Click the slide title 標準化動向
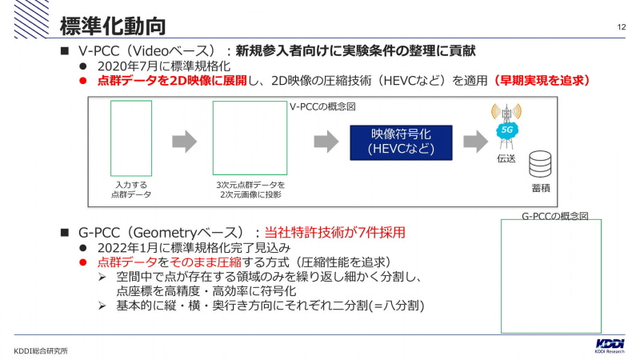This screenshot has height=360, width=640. (x=113, y=26)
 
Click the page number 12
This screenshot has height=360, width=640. (x=622, y=27)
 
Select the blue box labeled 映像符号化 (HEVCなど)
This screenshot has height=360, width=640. (x=401, y=142)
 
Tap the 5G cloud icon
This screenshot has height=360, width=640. (x=506, y=130)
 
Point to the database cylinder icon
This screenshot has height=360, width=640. (x=540, y=164)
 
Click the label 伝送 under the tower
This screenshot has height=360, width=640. (x=506, y=158)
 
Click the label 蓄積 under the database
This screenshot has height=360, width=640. (x=541, y=188)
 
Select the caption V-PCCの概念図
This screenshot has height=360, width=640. (x=322, y=106)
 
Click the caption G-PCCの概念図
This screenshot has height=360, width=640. (x=555, y=216)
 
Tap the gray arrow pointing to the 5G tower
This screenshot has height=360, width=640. (x=475, y=142)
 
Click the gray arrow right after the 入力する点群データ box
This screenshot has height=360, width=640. (x=185, y=142)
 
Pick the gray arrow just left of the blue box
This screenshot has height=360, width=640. (x=326, y=142)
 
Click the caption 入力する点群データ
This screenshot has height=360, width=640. (x=131, y=190)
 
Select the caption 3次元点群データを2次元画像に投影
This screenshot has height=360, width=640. (x=250, y=190)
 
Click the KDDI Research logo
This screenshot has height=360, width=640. (x=610, y=346)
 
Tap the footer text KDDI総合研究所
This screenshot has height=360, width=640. (x=41, y=351)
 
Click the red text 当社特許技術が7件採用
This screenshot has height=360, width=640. (x=334, y=232)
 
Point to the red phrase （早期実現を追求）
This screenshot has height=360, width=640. (x=542, y=81)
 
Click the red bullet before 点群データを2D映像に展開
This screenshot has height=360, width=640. (x=83, y=81)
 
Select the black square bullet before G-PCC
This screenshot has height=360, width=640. (x=65, y=233)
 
